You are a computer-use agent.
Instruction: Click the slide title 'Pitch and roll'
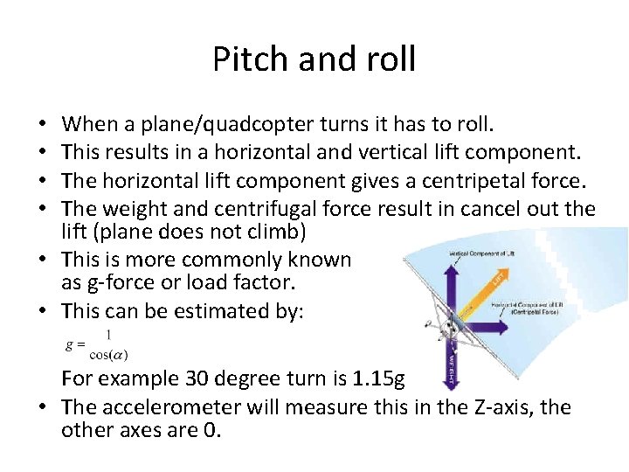pyautogui.click(x=314, y=59)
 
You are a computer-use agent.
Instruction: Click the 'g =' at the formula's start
pyautogui.click(x=75, y=344)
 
